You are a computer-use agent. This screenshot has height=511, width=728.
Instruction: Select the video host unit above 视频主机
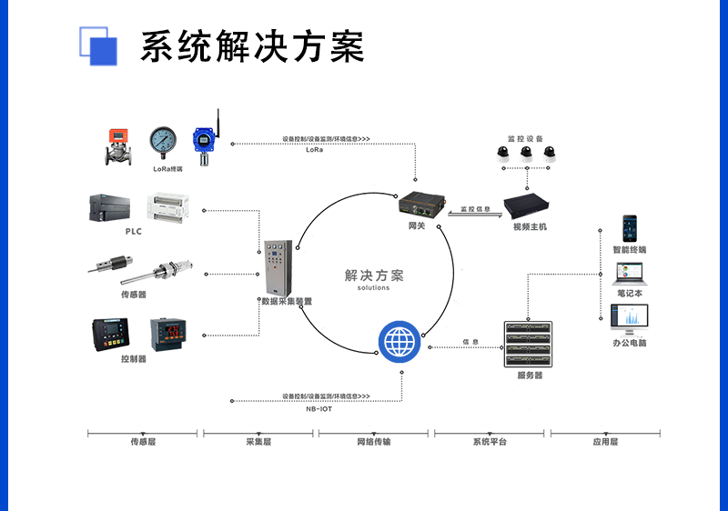pyautogui.click(x=531, y=206)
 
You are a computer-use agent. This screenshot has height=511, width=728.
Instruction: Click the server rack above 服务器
pyautogui.click(x=529, y=345)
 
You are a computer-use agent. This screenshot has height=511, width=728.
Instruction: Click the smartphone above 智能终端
pyautogui.click(x=629, y=228)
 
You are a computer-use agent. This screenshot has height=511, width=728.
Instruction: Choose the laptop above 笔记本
pyautogui.click(x=629, y=273)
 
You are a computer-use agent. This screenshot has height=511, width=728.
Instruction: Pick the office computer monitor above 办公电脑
pyautogui.click(x=630, y=318)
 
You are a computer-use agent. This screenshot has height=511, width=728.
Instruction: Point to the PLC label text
pyautogui.click(x=133, y=231)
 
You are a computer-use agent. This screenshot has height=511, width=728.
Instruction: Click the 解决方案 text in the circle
pyautogui.click(x=373, y=276)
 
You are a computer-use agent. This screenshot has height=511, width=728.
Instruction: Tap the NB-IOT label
pyautogui.click(x=318, y=409)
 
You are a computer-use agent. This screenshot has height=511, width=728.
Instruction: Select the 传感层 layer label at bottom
pyautogui.click(x=144, y=442)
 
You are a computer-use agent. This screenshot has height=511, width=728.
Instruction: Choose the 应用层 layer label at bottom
pyautogui.click(x=605, y=442)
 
